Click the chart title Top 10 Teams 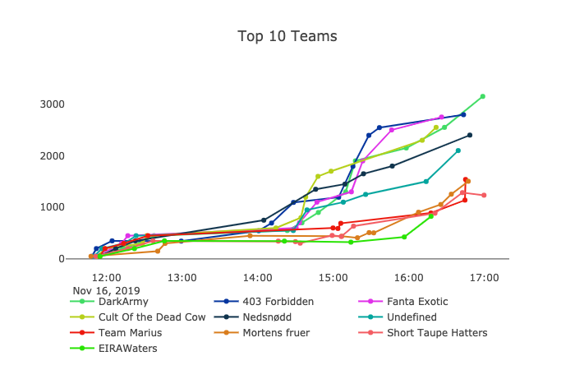tap(287, 36)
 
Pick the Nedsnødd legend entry tap(266, 317)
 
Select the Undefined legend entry tap(409, 317)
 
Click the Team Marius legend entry tap(129, 333)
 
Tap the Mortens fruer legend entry tap(274, 333)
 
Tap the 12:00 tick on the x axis tap(107, 278)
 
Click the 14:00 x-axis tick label tap(258, 278)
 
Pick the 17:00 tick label tap(484, 278)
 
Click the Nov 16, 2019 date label tap(106, 290)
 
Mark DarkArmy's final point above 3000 tap(483, 96)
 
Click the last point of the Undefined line tap(458, 150)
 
